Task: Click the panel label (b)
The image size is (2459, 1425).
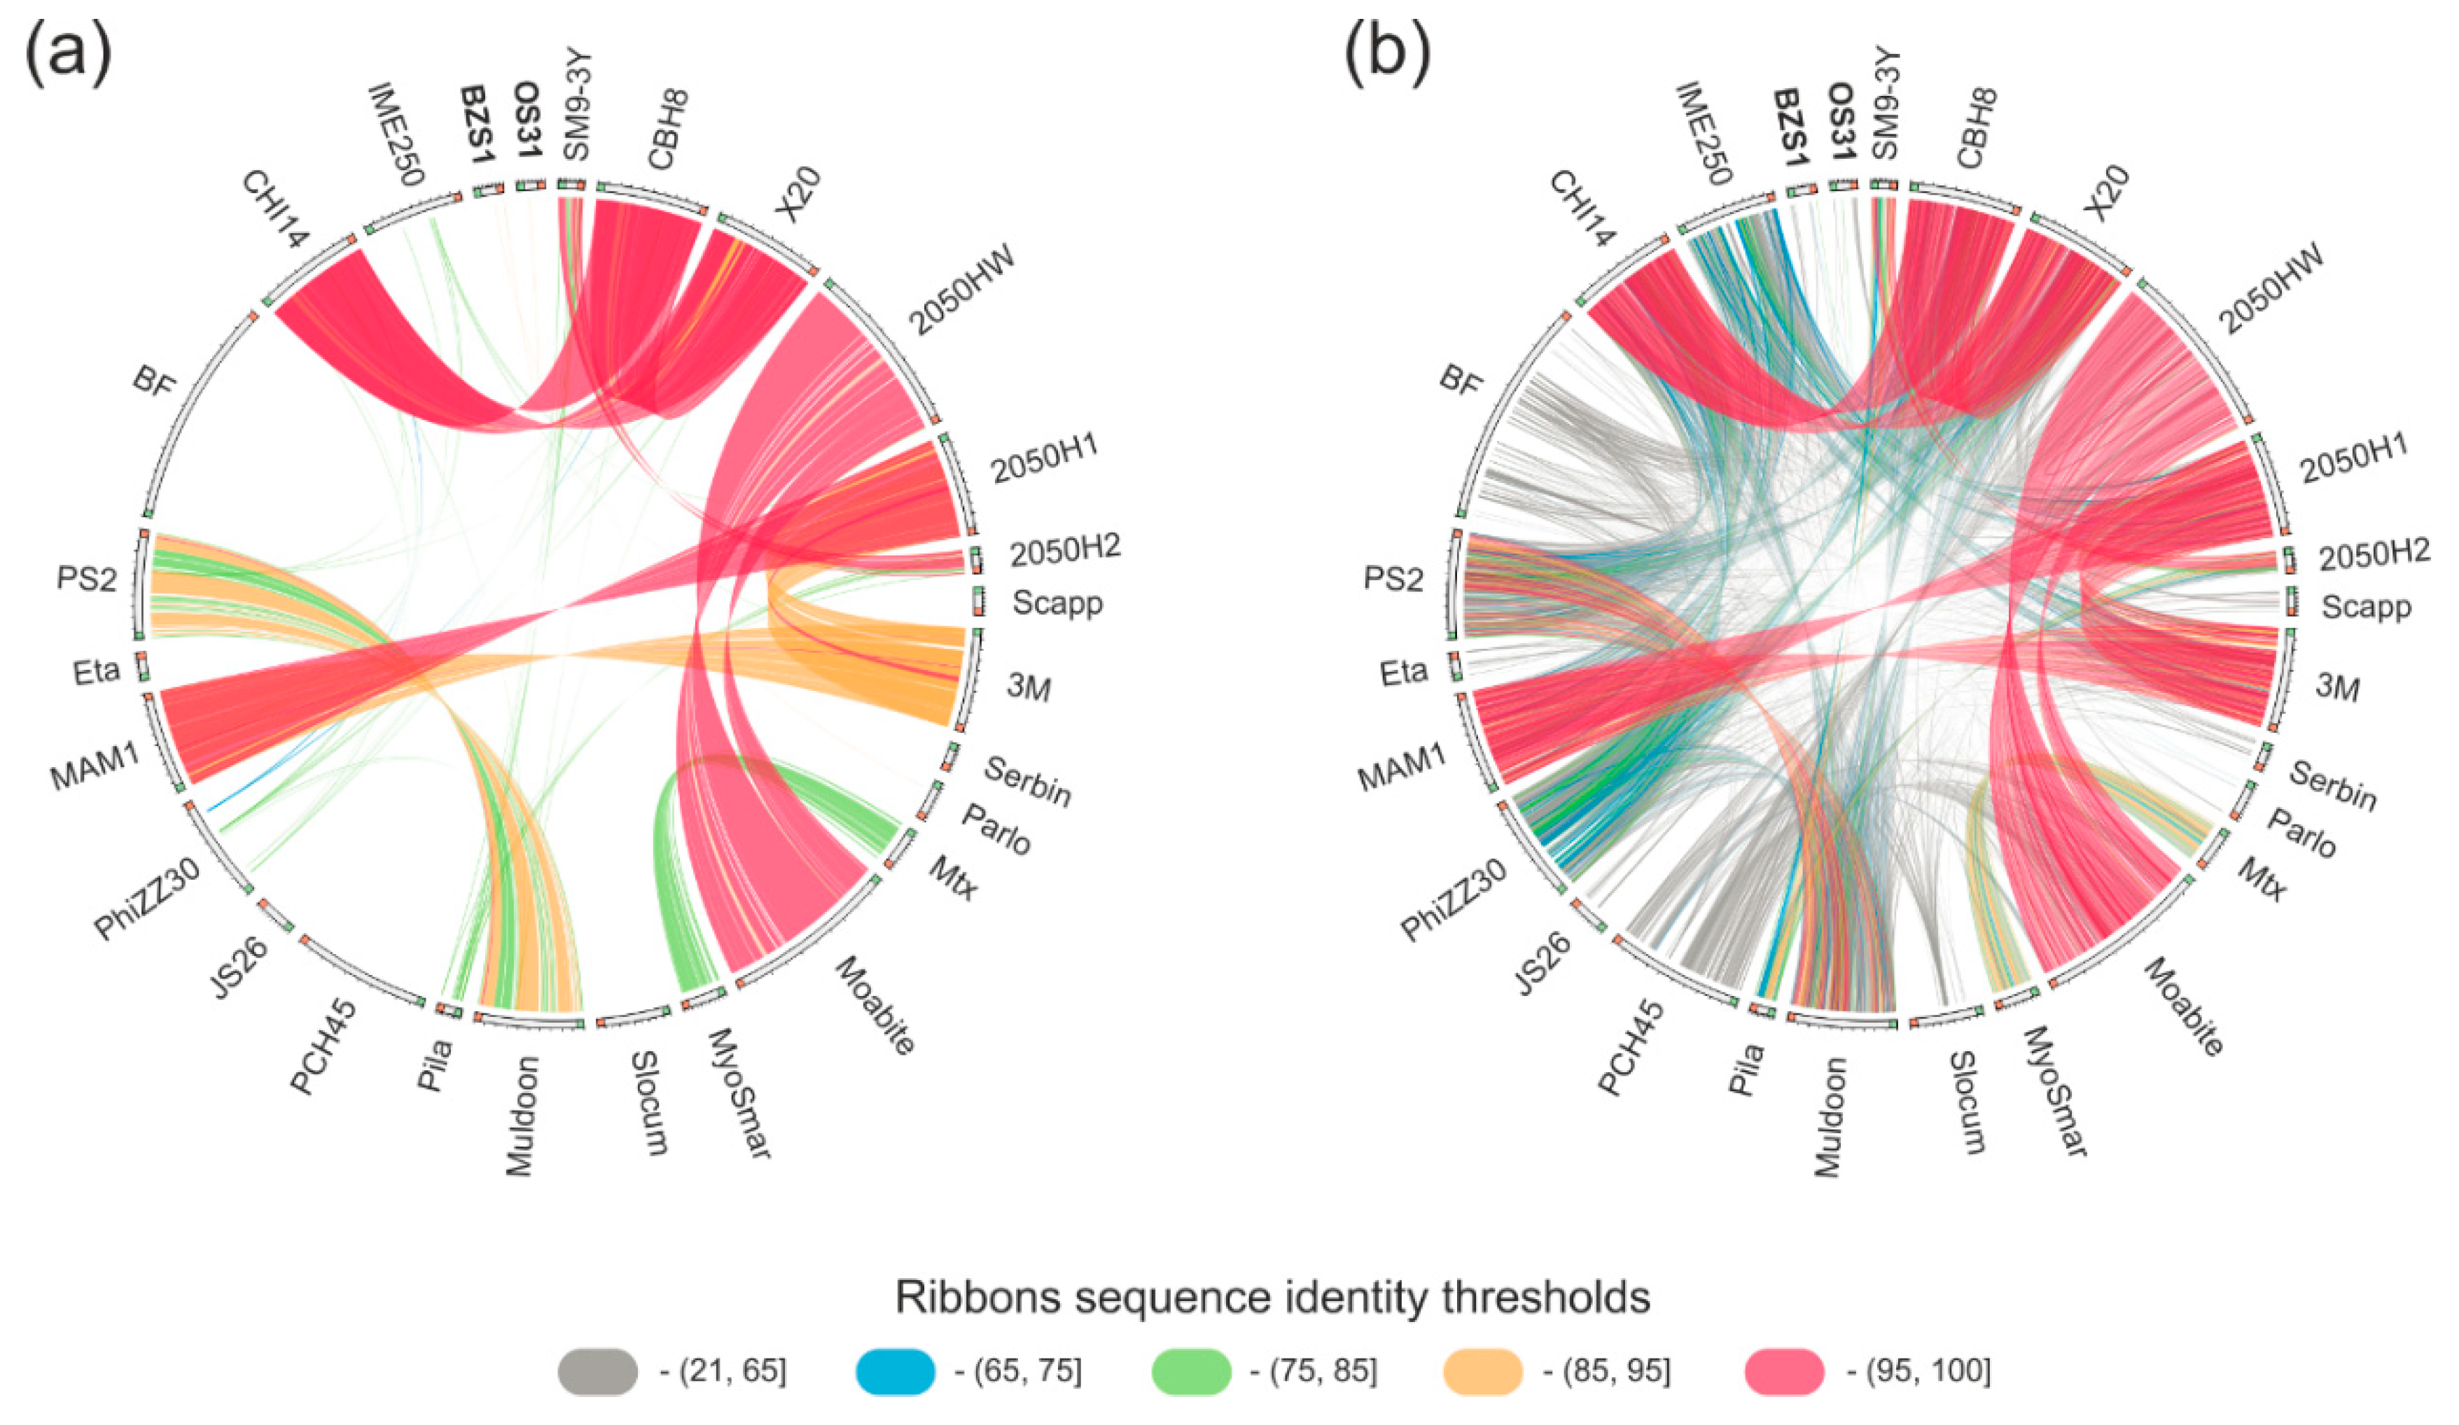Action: [1386, 57]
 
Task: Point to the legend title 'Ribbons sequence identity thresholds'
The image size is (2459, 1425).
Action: [1272, 1297]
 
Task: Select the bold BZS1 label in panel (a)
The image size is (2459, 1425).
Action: [478, 124]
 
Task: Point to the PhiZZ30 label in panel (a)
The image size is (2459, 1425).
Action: [148, 898]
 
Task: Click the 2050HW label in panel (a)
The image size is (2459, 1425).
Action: [962, 290]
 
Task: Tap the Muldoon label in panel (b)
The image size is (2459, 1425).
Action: [1830, 1117]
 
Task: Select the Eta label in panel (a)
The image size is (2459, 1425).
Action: [97, 671]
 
